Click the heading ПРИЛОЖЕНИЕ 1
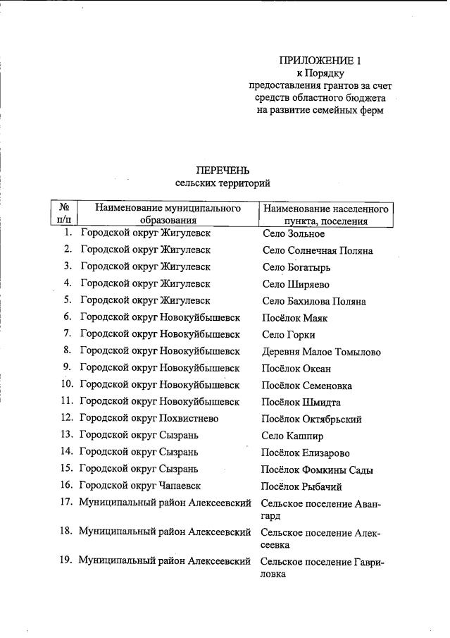click(x=320, y=61)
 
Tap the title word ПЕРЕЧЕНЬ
click(x=223, y=170)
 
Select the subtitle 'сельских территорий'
click(x=223, y=183)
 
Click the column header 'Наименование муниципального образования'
click(x=168, y=214)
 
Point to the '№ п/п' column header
click(x=63, y=214)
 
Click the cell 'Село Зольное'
click(x=293, y=233)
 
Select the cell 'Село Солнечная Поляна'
click(x=317, y=250)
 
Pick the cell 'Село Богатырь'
click(x=296, y=267)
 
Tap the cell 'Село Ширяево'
click(x=295, y=284)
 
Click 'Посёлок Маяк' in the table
click(x=294, y=318)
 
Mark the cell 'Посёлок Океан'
click(x=296, y=369)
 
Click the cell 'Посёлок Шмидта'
click(x=301, y=403)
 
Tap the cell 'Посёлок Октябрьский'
click(x=311, y=419)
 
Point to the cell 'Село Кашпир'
click(x=293, y=436)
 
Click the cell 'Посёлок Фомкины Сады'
click(x=317, y=470)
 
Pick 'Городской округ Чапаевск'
click(x=140, y=486)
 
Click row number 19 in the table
click(x=68, y=561)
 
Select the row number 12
click(x=68, y=419)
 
